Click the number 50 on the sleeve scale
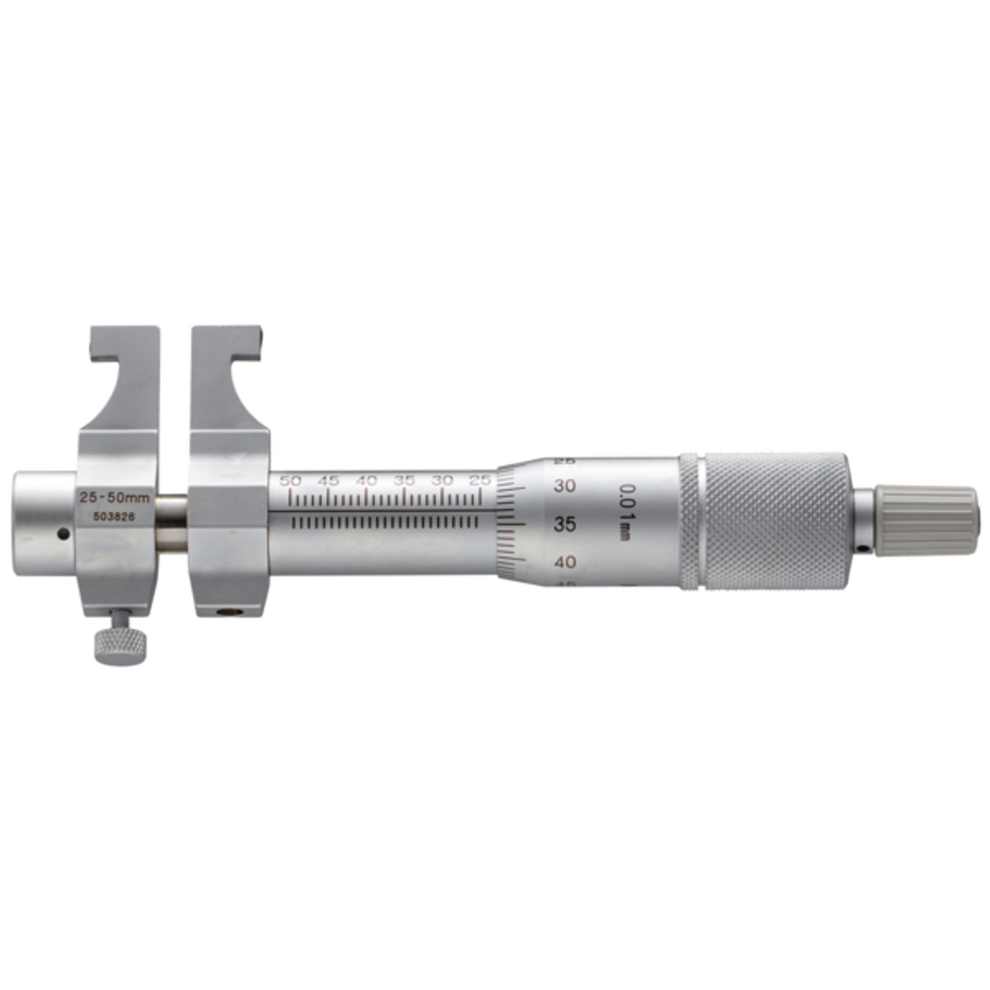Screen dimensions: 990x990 pyautogui.click(x=290, y=480)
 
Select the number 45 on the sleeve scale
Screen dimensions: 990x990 pyautogui.click(x=329, y=480)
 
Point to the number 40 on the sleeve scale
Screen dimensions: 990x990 pyautogui.click(x=367, y=480)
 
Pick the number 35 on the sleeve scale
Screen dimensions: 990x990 pyautogui.click(x=404, y=480)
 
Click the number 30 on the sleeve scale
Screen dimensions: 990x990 pyautogui.click(x=443, y=480)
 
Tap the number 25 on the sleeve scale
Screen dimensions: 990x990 pyautogui.click(x=481, y=480)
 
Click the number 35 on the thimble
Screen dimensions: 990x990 pyautogui.click(x=564, y=524)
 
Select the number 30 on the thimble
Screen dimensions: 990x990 pyautogui.click(x=564, y=486)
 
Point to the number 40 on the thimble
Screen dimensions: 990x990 pyautogui.click(x=564, y=561)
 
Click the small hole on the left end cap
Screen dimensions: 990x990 pyautogui.click(x=62, y=535)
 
